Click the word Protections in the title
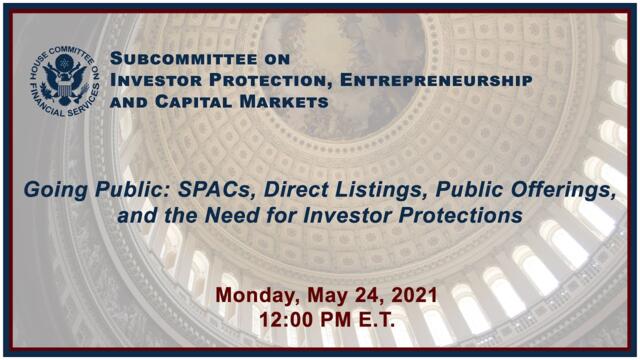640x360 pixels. point(469,215)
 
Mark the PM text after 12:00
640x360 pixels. point(331,321)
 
